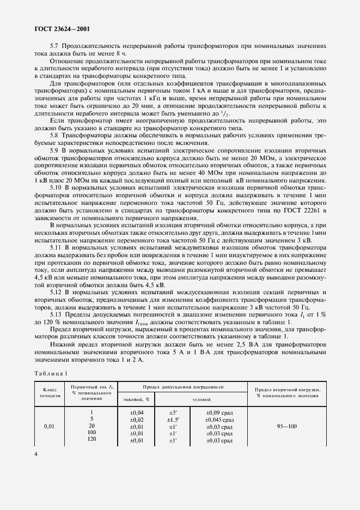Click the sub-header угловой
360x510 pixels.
click(200, 399)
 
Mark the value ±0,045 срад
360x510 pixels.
click(219, 420)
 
